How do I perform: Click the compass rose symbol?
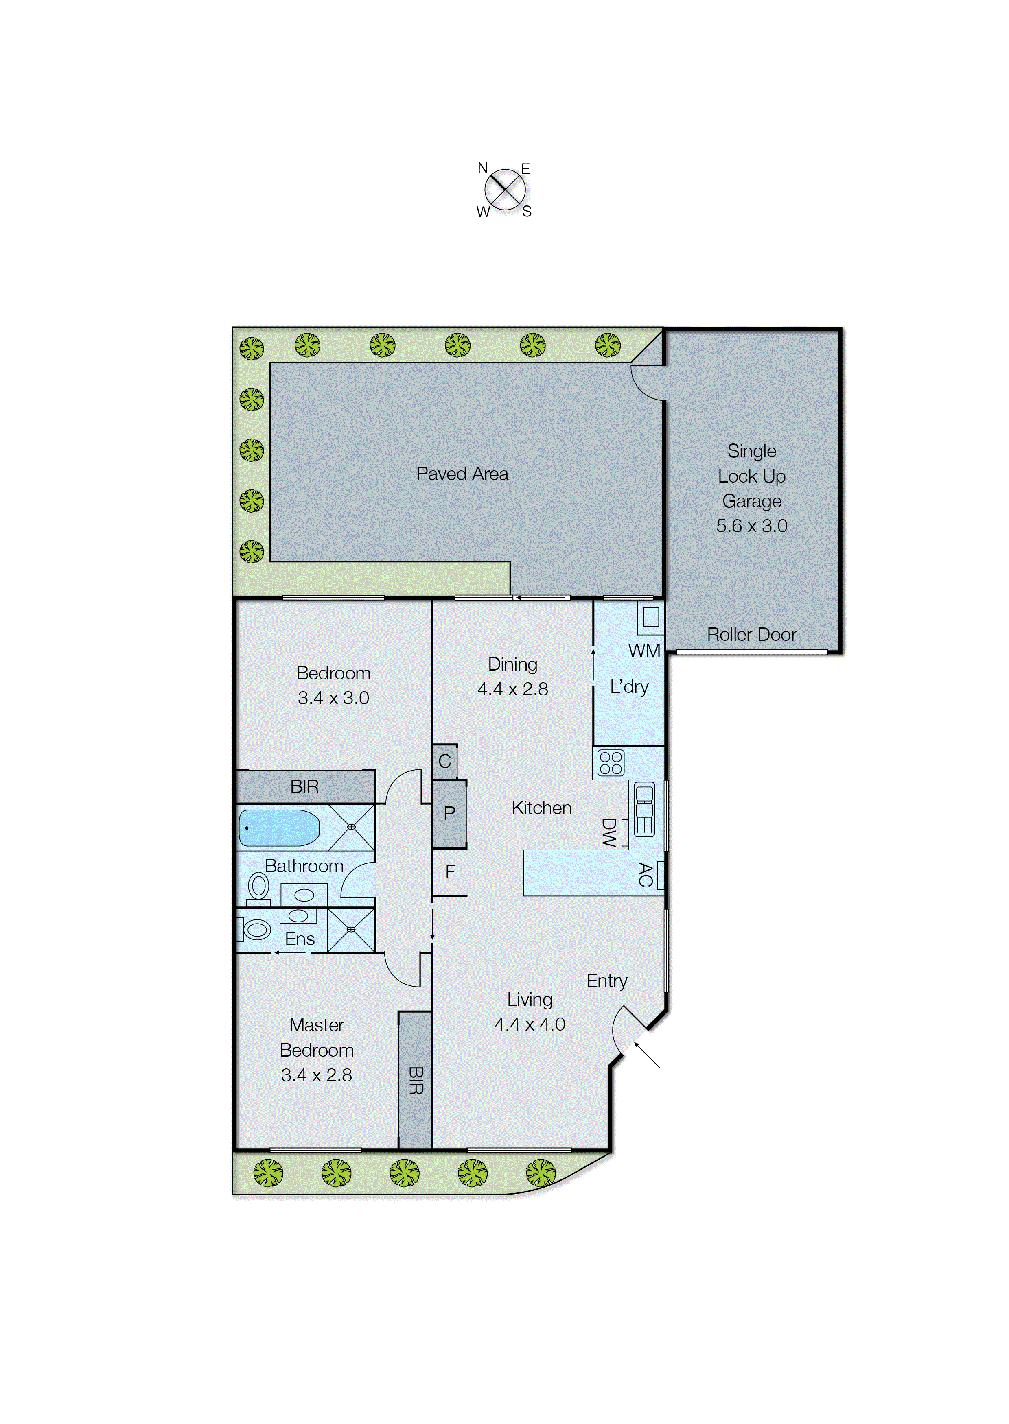pos(505,190)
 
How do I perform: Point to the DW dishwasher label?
pos(609,832)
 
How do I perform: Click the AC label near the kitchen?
pos(646,874)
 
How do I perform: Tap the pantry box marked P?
pos(449,814)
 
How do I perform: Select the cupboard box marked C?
pos(445,761)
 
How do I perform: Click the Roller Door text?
pos(751,635)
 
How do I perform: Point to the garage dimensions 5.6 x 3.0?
pos(751,526)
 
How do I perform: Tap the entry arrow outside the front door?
pos(648,1055)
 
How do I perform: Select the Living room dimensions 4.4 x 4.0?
pos(530,1025)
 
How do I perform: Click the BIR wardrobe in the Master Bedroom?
pos(415,1081)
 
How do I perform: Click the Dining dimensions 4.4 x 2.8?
pos(512,689)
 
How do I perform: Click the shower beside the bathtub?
pos(351,827)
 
